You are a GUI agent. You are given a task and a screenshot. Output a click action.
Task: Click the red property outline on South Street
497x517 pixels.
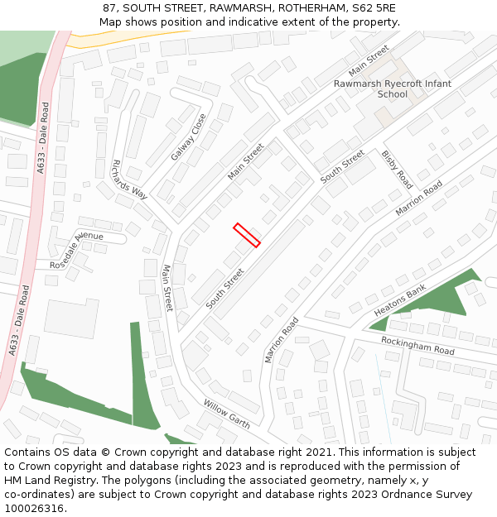click(247, 235)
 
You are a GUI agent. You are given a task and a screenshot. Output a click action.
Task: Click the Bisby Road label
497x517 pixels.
click(397, 169)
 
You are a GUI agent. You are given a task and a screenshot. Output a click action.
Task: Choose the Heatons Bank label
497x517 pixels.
click(399, 300)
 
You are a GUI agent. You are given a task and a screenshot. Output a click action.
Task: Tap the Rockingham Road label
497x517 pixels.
click(418, 345)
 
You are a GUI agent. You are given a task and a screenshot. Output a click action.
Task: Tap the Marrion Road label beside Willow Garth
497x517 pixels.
click(282, 339)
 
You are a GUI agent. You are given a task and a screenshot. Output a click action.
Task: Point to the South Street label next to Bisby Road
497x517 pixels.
click(342, 166)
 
